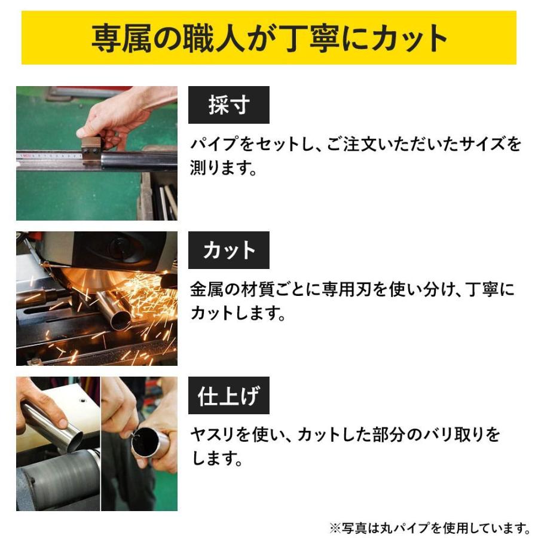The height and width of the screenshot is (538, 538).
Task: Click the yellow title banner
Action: (x=269, y=37)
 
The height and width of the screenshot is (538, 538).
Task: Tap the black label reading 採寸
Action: (x=228, y=105)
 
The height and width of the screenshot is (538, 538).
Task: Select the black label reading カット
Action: (x=228, y=250)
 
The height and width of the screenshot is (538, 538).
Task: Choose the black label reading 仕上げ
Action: (x=228, y=396)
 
